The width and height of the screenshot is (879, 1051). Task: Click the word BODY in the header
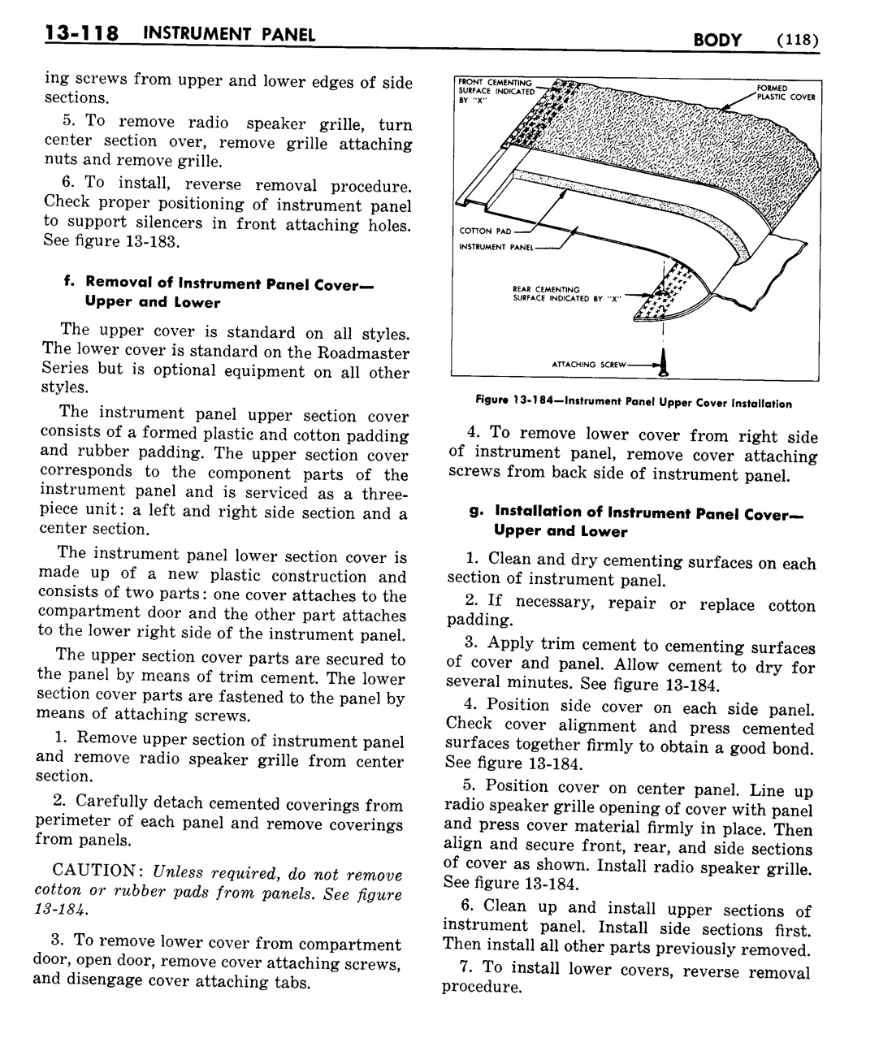click(x=718, y=38)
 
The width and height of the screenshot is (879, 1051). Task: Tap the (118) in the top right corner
click(x=796, y=38)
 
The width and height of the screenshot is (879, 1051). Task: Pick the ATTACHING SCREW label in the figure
click(x=589, y=365)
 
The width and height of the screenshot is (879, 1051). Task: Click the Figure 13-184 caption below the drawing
click(x=633, y=402)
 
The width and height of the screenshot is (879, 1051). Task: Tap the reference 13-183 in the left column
click(x=146, y=243)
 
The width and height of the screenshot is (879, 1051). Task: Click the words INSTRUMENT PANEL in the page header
click(x=228, y=35)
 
